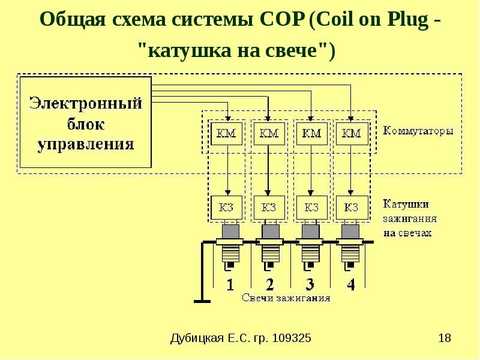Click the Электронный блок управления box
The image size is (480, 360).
[85, 122]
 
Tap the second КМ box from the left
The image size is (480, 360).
[269, 133]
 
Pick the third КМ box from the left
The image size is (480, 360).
[311, 133]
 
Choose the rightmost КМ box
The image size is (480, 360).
[352, 133]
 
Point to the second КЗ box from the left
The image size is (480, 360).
[269, 208]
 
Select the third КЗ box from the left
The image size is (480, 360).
[311, 208]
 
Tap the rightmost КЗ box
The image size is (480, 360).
[352, 208]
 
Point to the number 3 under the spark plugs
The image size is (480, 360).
[310, 284]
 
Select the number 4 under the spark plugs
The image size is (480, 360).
[350, 284]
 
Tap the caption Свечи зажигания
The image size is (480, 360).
[286, 298]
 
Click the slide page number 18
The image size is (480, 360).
[445, 338]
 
